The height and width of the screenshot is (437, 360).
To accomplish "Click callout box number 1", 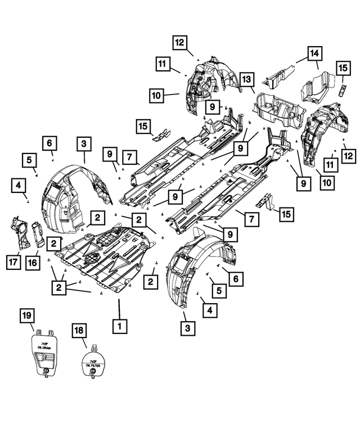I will pos(119,325).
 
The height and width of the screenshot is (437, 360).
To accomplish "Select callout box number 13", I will pos(246,80).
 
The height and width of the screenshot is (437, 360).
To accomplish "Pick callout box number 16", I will pos(33,262).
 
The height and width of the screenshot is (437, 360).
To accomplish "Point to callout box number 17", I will pos(13,262).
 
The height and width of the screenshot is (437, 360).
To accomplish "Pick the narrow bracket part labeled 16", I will pos(38,235).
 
